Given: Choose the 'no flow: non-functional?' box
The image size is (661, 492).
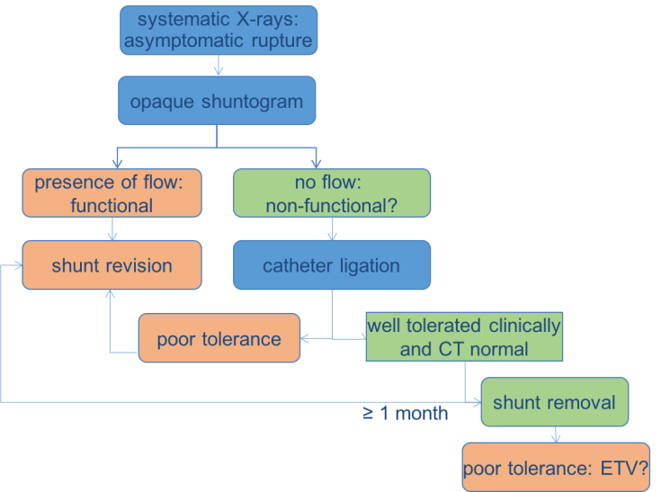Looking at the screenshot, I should coord(333,193).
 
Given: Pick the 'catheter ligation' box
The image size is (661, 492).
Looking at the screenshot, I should coord(332,265).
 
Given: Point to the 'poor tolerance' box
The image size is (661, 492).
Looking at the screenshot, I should coord(219,339).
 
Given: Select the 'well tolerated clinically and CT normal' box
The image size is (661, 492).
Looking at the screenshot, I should coord(463,335).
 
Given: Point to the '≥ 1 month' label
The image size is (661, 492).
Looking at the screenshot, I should coord(404,416).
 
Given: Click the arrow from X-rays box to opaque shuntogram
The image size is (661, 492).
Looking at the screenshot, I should coord(217,66).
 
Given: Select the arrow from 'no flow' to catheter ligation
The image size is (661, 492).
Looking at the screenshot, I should coord(333,228).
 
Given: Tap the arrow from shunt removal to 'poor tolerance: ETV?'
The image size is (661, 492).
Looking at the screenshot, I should coord(556,434).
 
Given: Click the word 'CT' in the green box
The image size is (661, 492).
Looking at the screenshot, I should coord(447,347).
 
